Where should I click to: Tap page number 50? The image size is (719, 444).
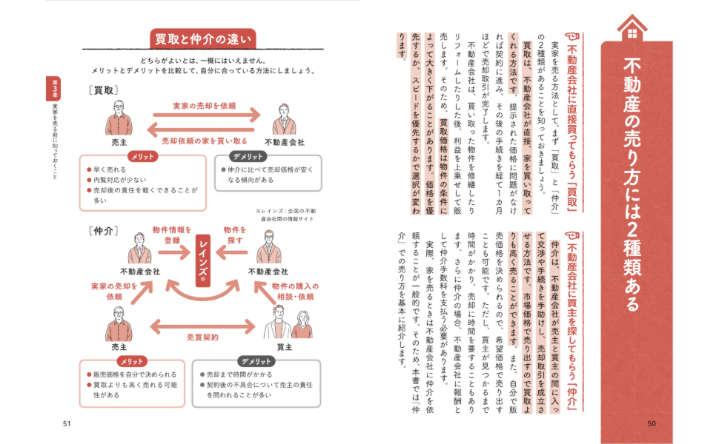[x=652, y=423]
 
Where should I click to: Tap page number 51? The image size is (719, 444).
[x=67, y=423]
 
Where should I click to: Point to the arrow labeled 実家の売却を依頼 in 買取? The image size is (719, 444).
[x=207, y=115]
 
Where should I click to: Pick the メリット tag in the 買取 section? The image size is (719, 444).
[x=141, y=157]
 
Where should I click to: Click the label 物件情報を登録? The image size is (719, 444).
[x=172, y=235]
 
